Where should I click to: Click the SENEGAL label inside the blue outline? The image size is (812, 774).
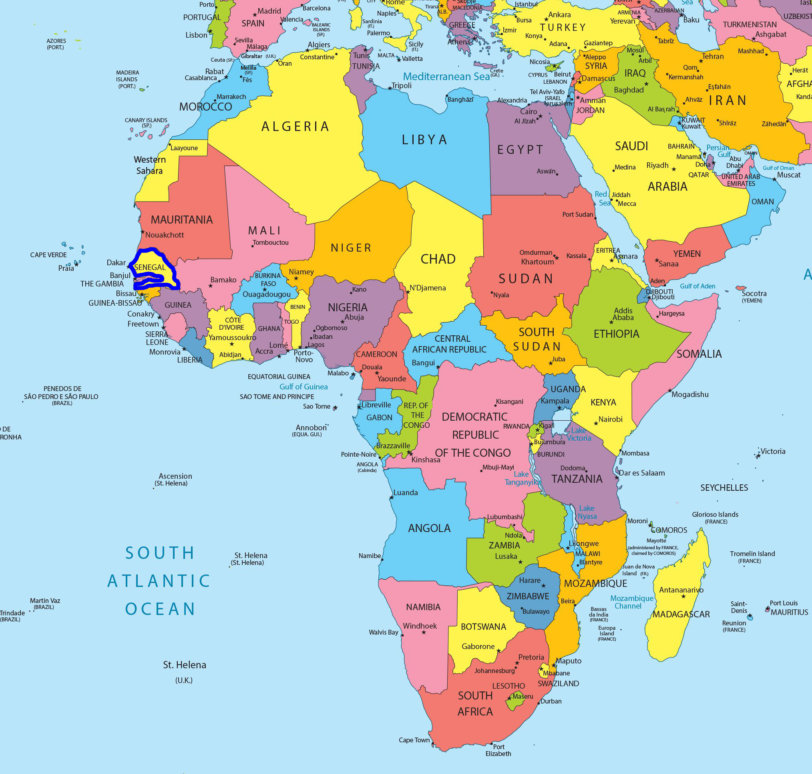150,267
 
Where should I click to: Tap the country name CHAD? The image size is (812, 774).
438,259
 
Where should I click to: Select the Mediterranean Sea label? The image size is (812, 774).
446,77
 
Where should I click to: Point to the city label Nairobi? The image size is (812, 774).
610,419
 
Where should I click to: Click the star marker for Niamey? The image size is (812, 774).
295,278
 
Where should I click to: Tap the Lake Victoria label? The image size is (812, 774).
579,434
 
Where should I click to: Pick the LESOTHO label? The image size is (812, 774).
509,686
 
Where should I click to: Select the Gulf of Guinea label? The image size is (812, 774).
303,387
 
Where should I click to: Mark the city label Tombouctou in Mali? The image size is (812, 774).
271,243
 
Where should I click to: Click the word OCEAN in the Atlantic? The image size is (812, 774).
160,609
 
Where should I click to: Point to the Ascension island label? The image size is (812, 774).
175,476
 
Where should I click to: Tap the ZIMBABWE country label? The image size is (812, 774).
528,596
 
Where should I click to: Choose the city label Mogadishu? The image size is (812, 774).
690,395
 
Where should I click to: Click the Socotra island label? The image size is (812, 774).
754,293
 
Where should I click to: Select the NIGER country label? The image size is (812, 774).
351,248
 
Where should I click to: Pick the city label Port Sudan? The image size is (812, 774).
577,215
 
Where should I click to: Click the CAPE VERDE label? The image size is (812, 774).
48,255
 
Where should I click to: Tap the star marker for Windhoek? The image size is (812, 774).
424,632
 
